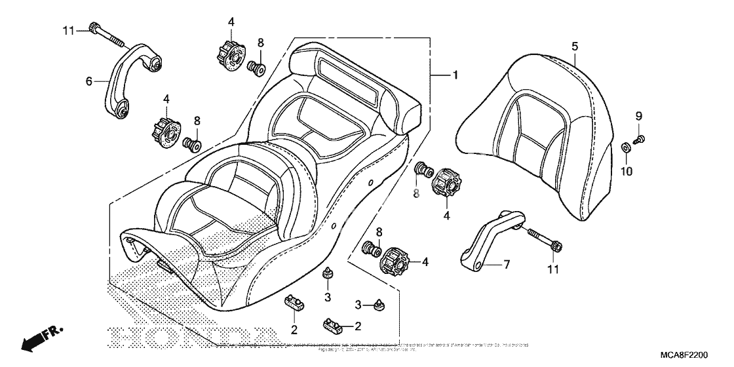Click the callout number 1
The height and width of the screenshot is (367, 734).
(454, 76)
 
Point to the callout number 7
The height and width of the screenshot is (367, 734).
(506, 264)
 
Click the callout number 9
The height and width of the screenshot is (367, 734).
(638, 116)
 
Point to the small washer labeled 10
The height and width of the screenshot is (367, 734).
(626, 146)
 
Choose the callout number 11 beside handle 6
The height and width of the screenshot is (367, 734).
(69, 30)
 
